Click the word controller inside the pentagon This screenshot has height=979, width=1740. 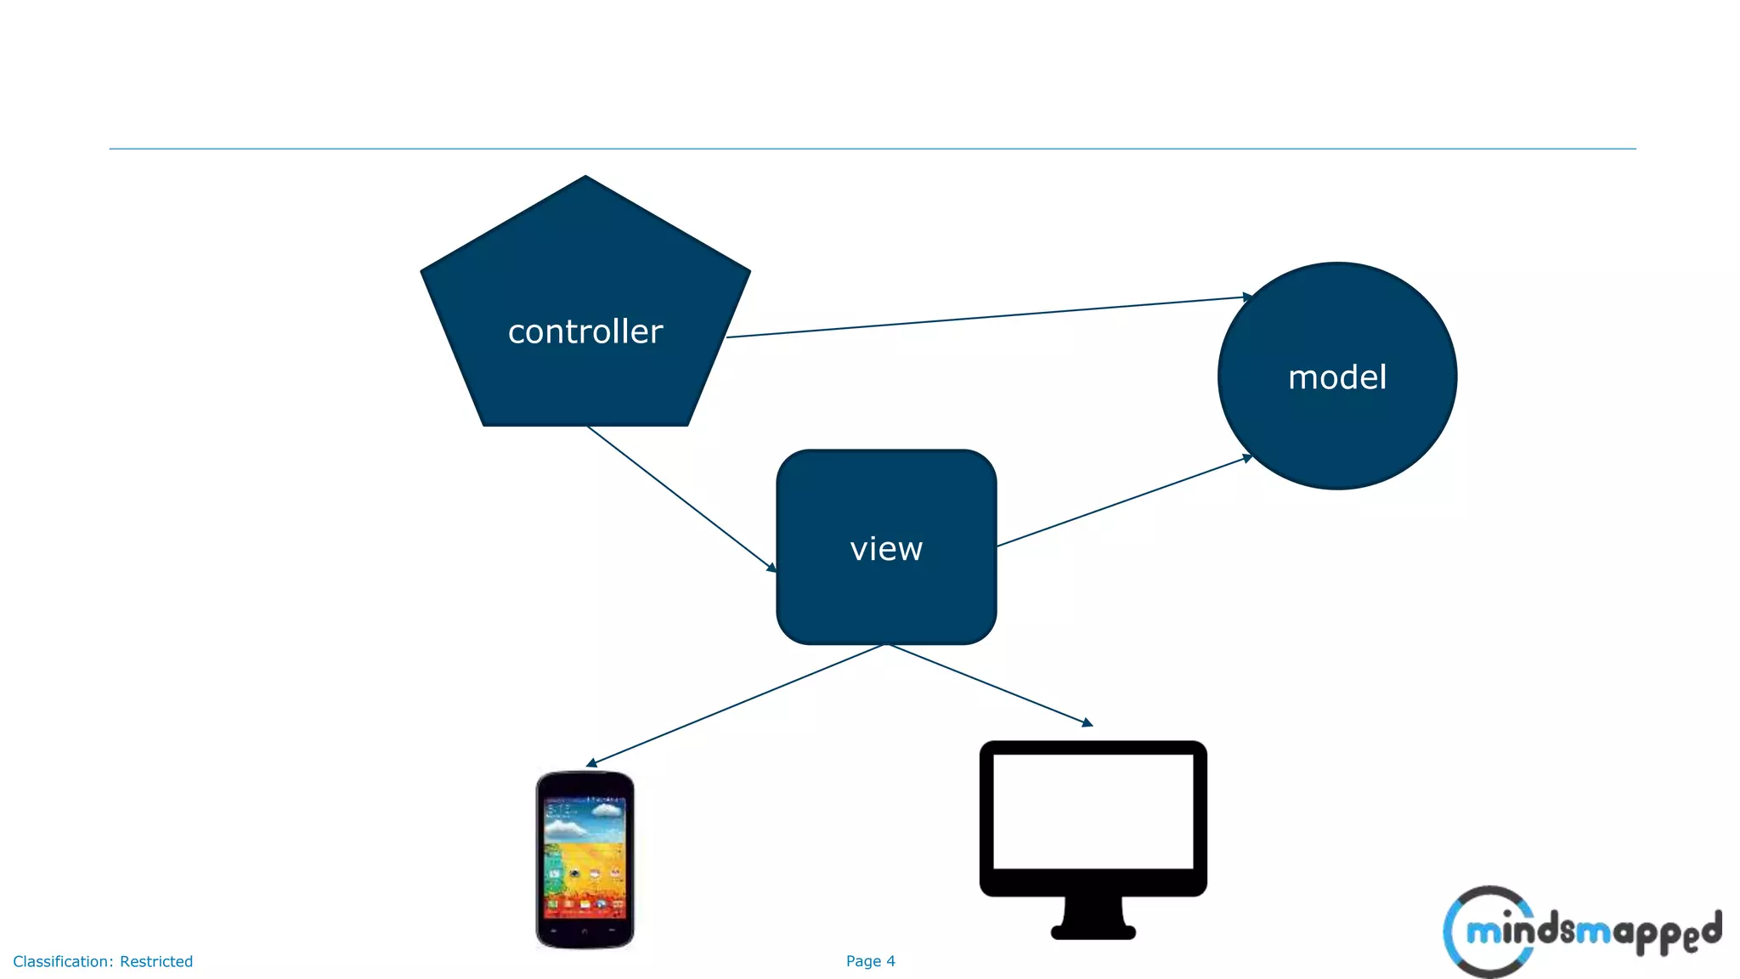pos(585,331)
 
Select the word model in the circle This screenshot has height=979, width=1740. pos(1337,377)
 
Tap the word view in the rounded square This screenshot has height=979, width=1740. pos(886,549)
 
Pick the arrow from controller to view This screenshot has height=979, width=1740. pos(680,498)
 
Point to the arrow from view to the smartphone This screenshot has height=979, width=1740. pos(735,705)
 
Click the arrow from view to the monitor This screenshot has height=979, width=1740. pos(990,684)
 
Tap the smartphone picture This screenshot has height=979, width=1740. pos(585,858)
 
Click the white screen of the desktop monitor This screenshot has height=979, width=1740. pos(1093,812)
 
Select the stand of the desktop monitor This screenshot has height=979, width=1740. pos(1093,918)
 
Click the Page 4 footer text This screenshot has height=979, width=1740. pos(870,961)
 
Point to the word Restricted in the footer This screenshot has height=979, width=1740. pos(156,962)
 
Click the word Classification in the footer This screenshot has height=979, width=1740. pos(60,962)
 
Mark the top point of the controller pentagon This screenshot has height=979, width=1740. pos(585,178)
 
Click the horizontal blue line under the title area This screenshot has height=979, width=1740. pos(873,149)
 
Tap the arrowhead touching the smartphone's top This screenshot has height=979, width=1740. pos(591,763)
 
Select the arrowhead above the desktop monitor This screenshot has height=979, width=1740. pos(1087,722)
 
